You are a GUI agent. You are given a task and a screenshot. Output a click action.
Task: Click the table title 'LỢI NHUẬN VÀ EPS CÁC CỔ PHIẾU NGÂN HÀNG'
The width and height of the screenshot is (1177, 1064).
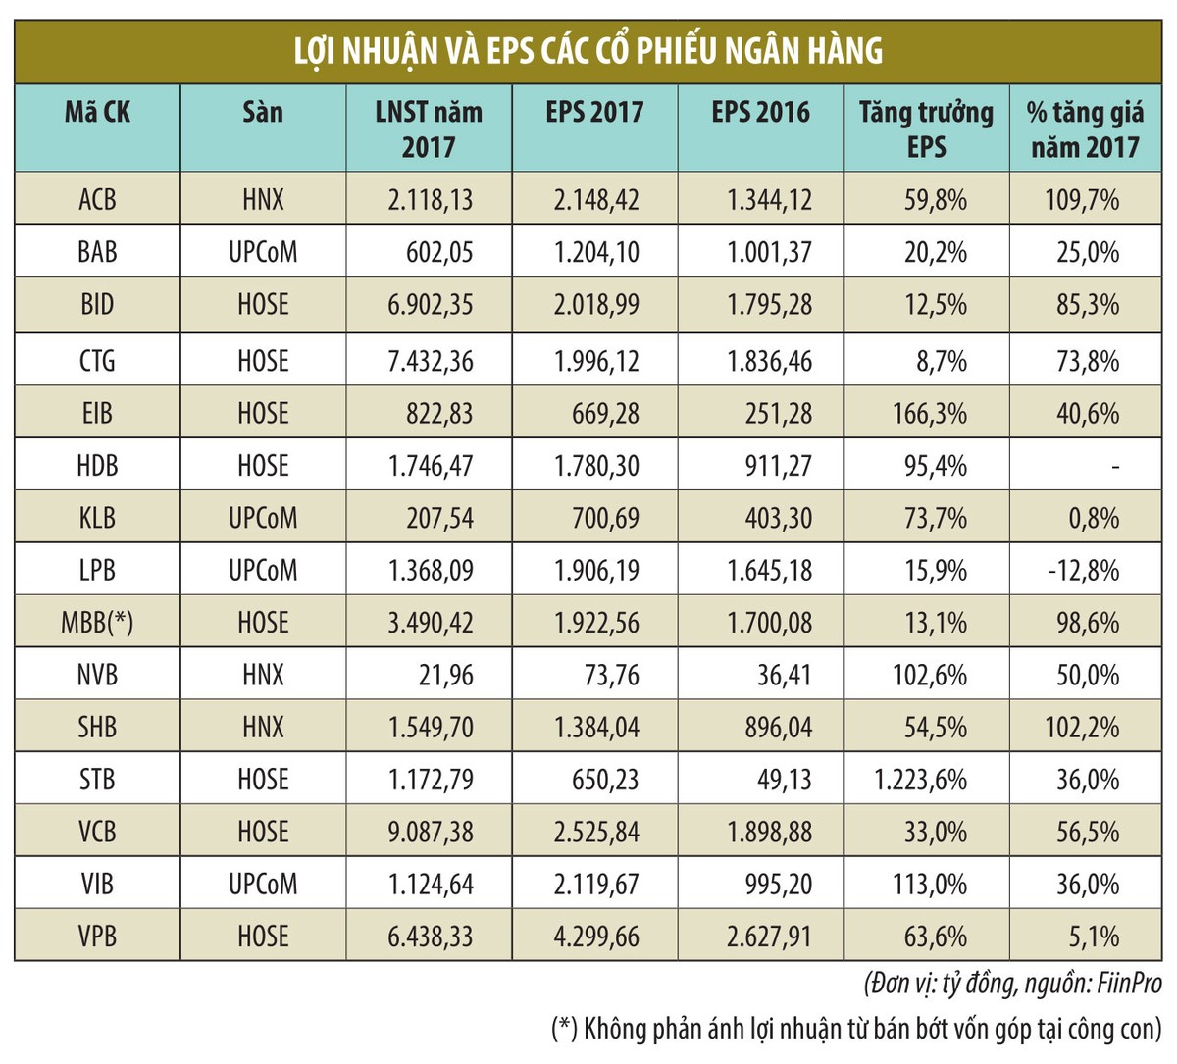pyautogui.click(x=588, y=49)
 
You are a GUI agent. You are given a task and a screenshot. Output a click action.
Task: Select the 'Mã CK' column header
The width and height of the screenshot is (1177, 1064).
pyautogui.click(x=97, y=112)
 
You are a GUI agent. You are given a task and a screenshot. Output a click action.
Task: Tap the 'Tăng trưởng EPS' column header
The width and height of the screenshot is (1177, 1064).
pyautogui.click(x=926, y=128)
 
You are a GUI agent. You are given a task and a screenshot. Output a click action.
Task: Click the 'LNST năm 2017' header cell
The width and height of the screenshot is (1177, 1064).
pyautogui.click(x=429, y=128)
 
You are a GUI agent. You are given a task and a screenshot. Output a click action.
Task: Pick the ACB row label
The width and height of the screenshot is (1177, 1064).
pyautogui.click(x=97, y=200)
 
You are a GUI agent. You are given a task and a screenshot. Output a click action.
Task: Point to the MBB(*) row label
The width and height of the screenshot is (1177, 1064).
pyautogui.click(x=97, y=623)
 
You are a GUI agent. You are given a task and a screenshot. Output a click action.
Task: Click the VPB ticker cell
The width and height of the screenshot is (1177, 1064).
pyautogui.click(x=97, y=937)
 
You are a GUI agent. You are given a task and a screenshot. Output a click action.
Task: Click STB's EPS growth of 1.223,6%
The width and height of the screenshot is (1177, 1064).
pyautogui.click(x=920, y=780)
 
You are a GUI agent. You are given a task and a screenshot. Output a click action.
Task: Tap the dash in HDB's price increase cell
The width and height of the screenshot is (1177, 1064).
pyautogui.click(x=1115, y=467)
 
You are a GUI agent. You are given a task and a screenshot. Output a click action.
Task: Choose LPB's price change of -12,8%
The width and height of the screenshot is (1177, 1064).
pyautogui.click(x=1082, y=571)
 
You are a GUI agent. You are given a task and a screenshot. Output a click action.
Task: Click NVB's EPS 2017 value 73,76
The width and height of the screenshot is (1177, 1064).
pyautogui.click(x=605, y=676)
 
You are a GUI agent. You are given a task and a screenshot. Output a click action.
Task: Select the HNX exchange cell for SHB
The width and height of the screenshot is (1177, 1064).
pyautogui.click(x=263, y=728)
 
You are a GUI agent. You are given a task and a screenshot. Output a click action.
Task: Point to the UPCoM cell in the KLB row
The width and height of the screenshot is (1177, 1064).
pyautogui.click(x=263, y=518)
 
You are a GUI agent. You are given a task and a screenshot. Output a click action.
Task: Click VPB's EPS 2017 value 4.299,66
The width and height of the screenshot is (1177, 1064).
pyautogui.click(x=596, y=937)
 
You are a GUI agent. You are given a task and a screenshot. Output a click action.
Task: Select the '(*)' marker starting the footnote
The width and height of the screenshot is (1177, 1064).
pyautogui.click(x=564, y=1029)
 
